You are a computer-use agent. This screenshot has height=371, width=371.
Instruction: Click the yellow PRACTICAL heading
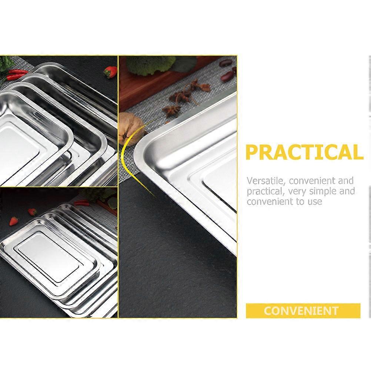304,152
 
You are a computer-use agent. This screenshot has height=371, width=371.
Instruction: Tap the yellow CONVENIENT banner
303,311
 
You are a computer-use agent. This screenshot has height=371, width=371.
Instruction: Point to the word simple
323,191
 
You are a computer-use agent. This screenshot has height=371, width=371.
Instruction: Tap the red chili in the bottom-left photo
82,203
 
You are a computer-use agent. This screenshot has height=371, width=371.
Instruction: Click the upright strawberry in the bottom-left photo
14,221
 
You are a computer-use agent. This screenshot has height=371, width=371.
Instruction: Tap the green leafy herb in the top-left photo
5,63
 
